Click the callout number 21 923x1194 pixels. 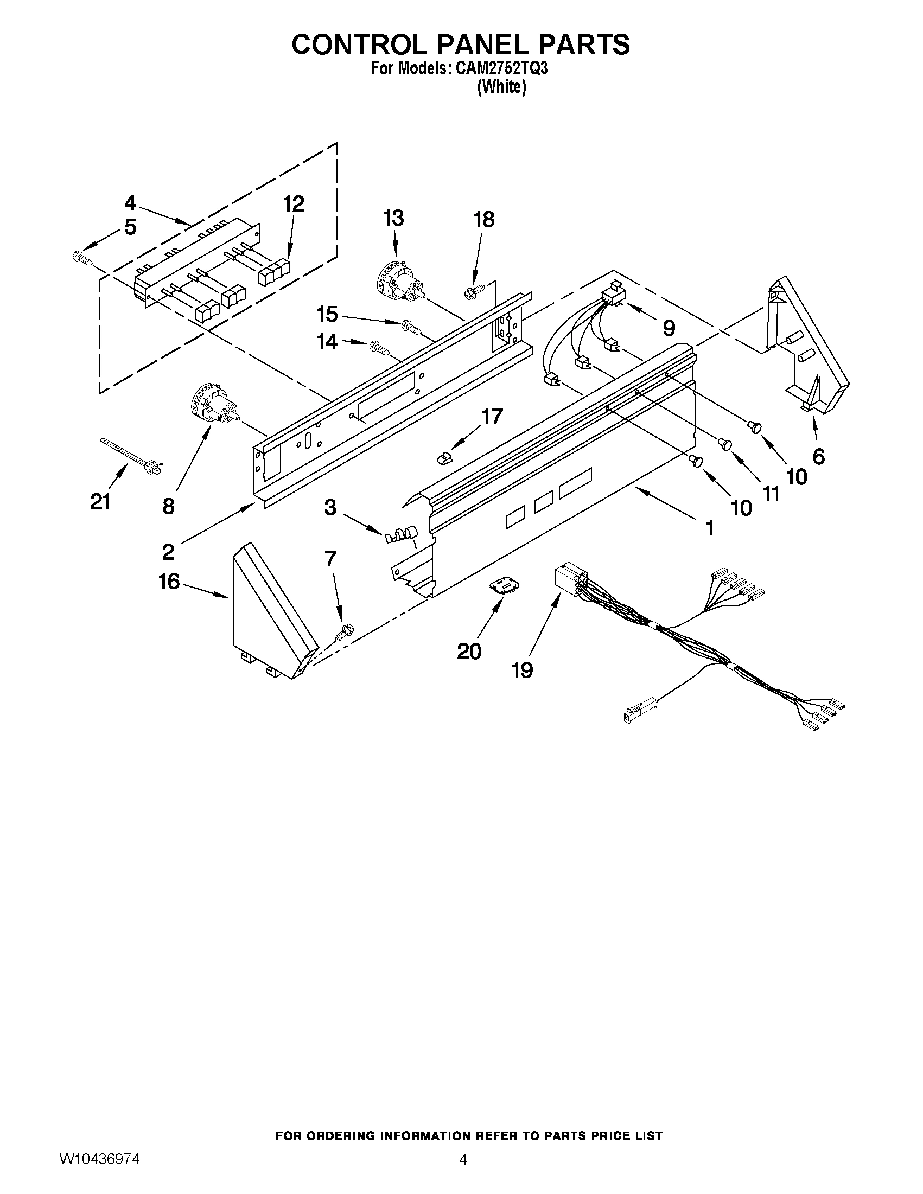point(100,501)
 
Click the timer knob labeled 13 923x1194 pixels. point(398,282)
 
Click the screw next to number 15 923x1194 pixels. point(411,327)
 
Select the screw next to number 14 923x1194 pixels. point(380,347)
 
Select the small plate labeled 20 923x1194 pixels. point(504,586)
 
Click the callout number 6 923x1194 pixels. point(818,456)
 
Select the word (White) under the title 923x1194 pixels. point(501,87)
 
